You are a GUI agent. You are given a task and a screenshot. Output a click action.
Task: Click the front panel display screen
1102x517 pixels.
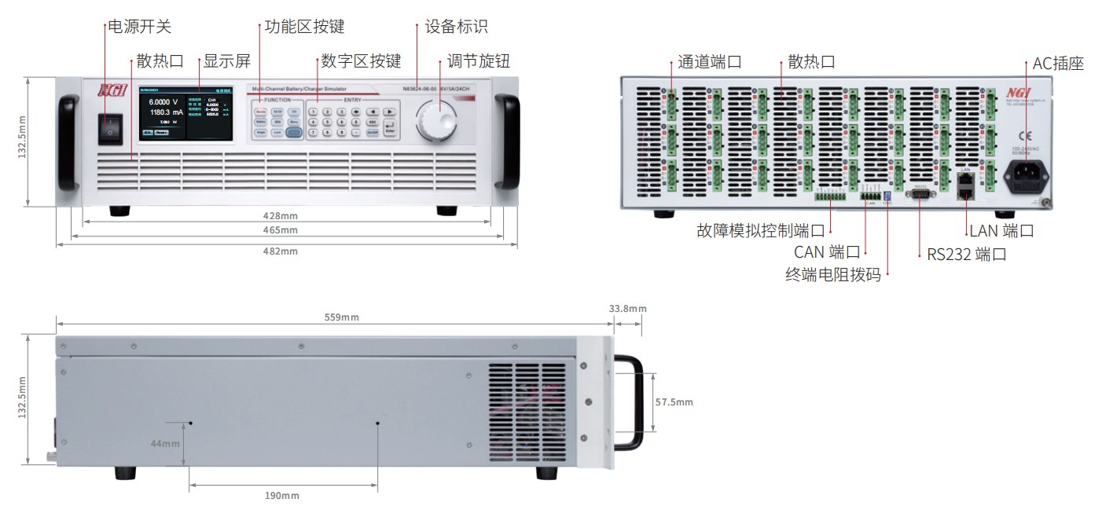186,114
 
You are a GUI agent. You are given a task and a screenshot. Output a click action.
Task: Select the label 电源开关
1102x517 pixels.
138,27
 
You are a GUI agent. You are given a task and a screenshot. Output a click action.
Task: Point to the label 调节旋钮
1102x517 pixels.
479,61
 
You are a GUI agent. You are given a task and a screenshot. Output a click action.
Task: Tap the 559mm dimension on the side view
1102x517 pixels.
341,317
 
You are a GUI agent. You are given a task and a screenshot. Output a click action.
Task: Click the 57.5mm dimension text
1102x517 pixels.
674,402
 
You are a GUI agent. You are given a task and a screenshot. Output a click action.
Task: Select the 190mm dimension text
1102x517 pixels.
281,496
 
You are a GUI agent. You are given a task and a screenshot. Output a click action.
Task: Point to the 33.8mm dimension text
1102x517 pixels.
627,309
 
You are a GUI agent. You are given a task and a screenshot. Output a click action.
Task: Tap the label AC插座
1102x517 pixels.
1058,64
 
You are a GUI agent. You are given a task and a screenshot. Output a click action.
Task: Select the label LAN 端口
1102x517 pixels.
1001,231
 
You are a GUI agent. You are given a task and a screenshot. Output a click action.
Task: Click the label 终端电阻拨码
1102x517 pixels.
833,275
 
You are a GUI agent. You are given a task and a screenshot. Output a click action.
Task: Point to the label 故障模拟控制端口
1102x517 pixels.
761,231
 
